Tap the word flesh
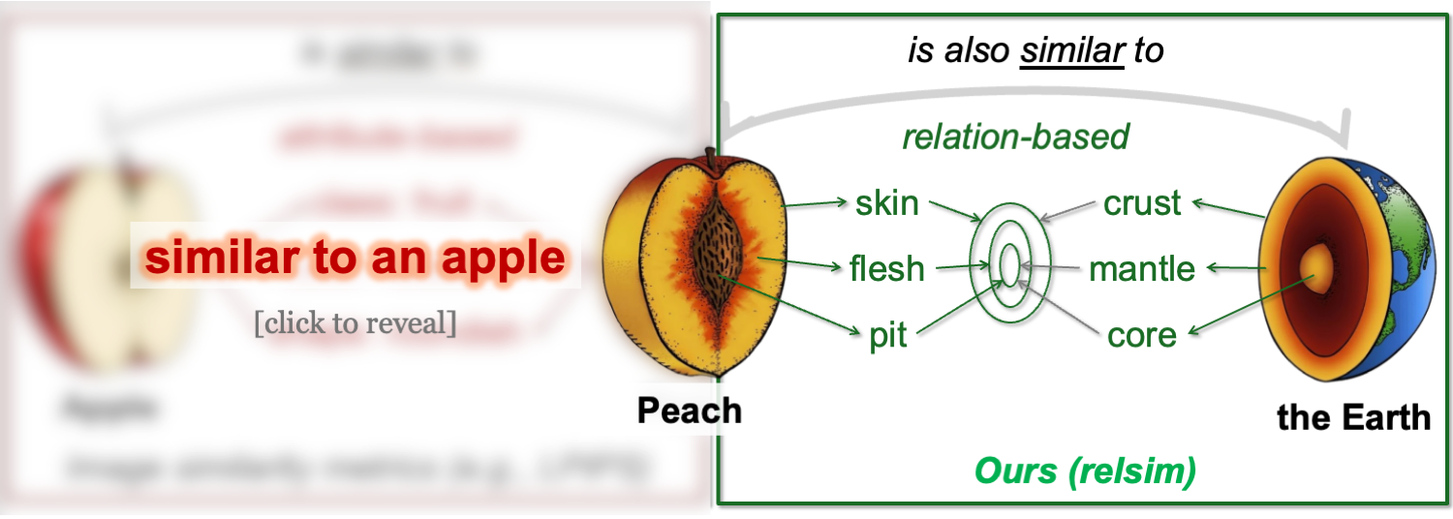click(886, 268)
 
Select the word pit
click(887, 335)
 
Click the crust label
click(1142, 203)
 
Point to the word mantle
click(1142, 268)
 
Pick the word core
click(1142, 335)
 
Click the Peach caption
click(689, 410)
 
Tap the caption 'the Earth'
click(1353, 417)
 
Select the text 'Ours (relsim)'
click(1085, 472)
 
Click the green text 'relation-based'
click(1016, 137)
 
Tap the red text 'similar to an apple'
click(355, 258)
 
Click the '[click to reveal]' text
click(355, 322)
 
